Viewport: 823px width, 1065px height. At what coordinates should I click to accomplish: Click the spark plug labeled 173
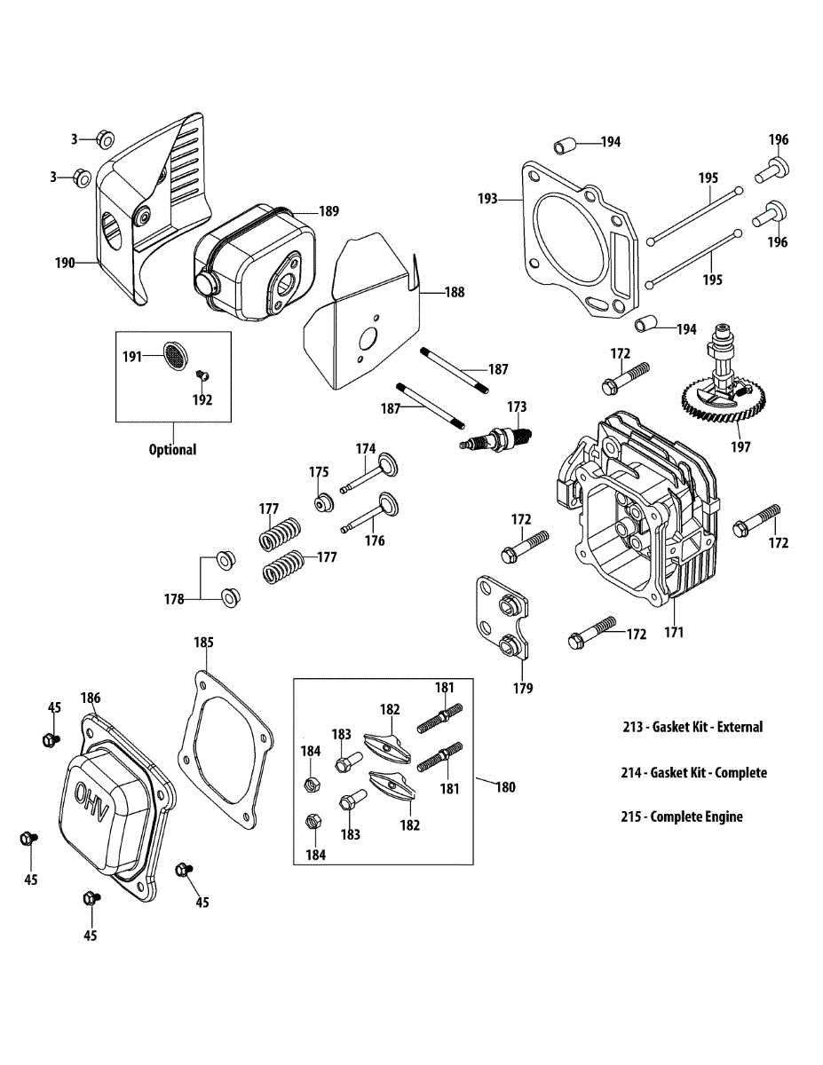pos(495,437)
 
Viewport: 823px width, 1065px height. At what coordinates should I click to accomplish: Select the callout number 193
pos(488,199)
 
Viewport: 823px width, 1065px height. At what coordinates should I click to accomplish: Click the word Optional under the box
pos(172,449)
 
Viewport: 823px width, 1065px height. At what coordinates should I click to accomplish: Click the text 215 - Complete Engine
pos(681,816)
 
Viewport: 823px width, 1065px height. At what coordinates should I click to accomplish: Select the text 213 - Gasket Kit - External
pos(692,727)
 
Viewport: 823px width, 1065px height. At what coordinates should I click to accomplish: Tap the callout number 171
pos(674,633)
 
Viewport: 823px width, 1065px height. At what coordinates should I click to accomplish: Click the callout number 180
pos(504,786)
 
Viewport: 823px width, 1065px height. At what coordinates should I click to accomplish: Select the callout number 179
pos(523,688)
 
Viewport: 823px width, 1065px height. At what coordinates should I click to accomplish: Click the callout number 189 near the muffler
pos(328,211)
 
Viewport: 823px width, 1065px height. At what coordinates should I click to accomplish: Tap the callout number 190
pos(65,263)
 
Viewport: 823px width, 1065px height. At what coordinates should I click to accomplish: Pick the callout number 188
pos(454,291)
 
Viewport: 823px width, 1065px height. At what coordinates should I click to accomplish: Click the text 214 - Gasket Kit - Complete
pos(693,772)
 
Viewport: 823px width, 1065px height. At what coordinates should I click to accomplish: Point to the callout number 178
pos(173,599)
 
